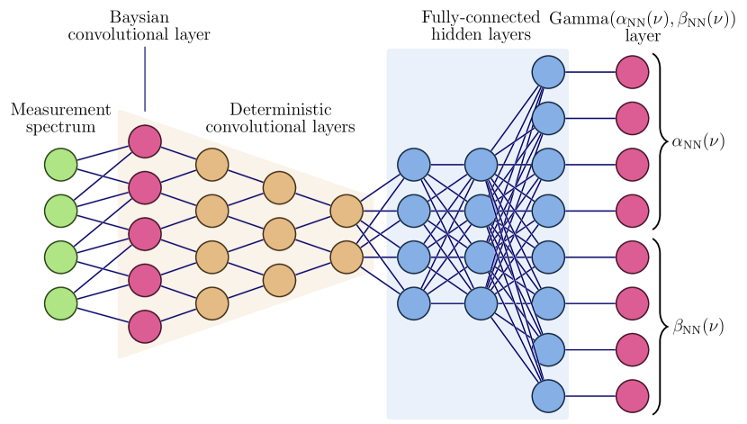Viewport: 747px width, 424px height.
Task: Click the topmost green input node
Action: pos(61,165)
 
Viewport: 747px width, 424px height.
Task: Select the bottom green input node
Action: pos(61,303)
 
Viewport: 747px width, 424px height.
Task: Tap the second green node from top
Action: pos(61,211)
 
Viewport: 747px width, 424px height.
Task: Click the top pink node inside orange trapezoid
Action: pos(145,141)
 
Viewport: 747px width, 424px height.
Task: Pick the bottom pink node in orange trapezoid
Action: pos(145,326)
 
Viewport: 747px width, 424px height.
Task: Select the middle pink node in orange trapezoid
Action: pos(145,234)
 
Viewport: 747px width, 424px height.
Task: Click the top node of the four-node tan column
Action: pos(212,165)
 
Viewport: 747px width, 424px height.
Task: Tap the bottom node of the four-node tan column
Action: pos(212,303)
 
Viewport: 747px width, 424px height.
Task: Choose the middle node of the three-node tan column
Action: pos(279,234)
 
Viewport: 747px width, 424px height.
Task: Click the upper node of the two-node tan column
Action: pos(346,211)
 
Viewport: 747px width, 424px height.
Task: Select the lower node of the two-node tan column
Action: pos(346,257)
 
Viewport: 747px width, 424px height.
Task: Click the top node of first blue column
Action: pos(414,165)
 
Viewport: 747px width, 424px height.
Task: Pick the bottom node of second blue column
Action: pos(481,303)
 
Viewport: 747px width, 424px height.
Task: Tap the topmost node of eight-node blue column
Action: pos(548,72)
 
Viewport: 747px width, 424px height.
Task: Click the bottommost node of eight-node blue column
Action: pos(548,396)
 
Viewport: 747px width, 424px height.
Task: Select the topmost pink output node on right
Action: pos(633,72)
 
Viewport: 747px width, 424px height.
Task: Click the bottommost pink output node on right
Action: pos(633,396)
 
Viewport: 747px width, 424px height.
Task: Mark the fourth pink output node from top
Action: pos(633,211)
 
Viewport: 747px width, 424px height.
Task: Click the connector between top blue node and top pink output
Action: pos(590,72)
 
